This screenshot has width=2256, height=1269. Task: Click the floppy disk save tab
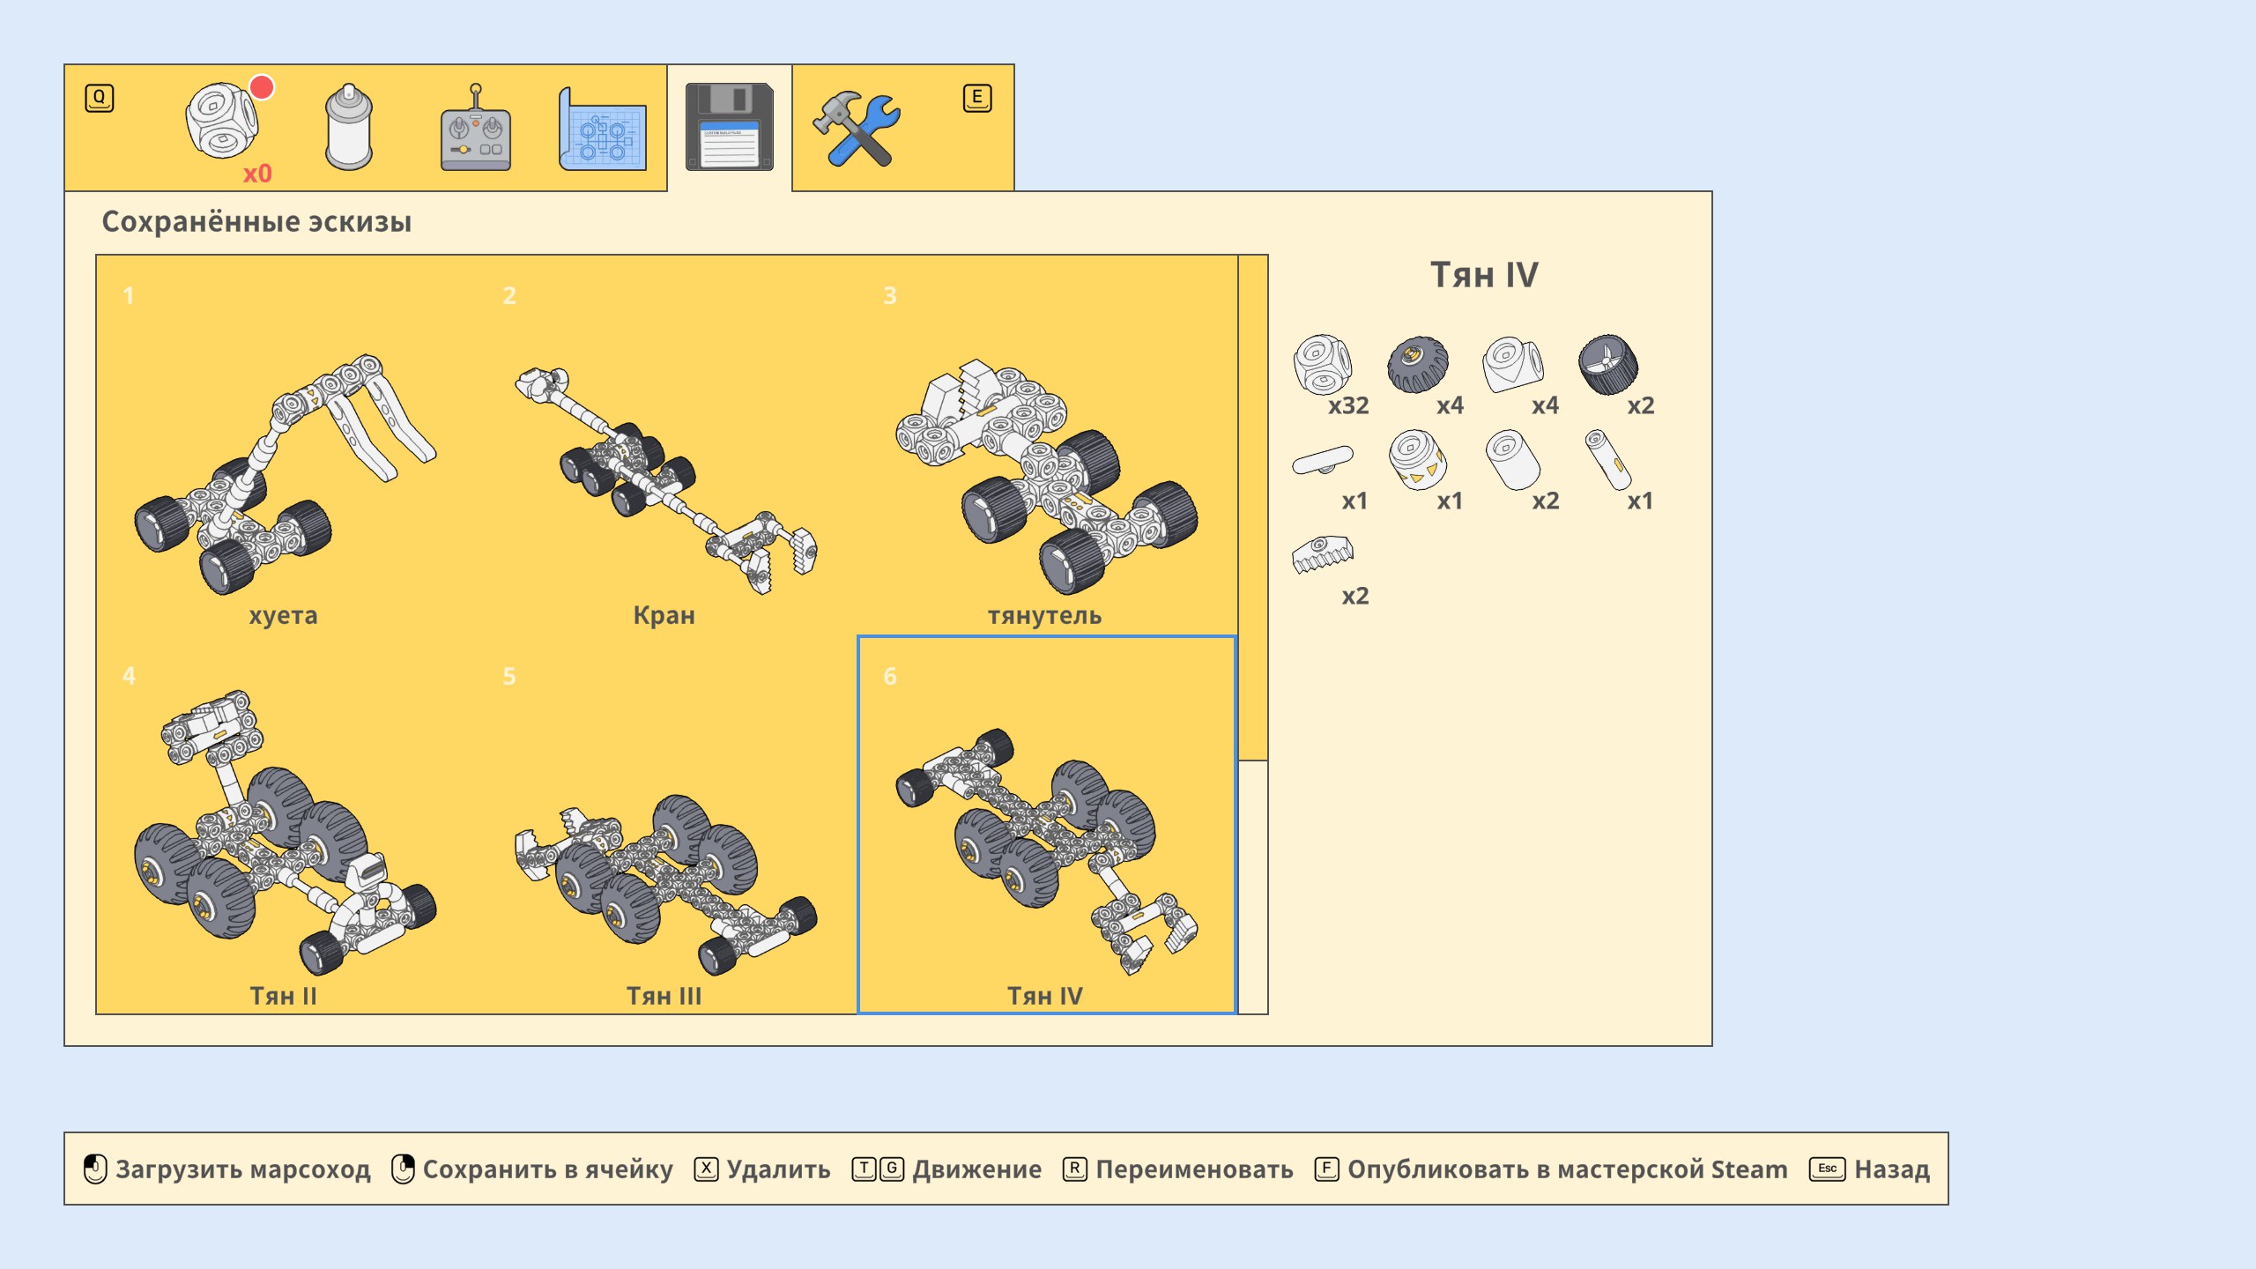729,127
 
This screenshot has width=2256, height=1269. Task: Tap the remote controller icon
475,130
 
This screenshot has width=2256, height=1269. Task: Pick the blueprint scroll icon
603,130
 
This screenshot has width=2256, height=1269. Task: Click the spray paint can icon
349,129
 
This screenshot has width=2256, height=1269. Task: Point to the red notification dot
262,87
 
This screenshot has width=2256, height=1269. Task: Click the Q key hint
100,98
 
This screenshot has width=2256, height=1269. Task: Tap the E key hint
976,98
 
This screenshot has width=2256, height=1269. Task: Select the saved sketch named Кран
664,615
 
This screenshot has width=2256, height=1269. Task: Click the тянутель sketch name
1044,615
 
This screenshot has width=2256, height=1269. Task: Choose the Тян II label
283,996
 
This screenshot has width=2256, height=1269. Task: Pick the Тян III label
664,996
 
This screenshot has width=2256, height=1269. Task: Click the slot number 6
890,676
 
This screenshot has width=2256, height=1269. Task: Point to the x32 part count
1348,405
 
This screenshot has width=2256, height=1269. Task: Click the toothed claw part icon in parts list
1322,554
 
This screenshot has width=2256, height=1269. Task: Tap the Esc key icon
1827,1169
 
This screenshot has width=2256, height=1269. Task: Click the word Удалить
778,1169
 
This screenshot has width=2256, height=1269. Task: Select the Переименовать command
1194,1169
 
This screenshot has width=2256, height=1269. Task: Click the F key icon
1326,1169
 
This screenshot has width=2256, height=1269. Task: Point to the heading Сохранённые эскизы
256,222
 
